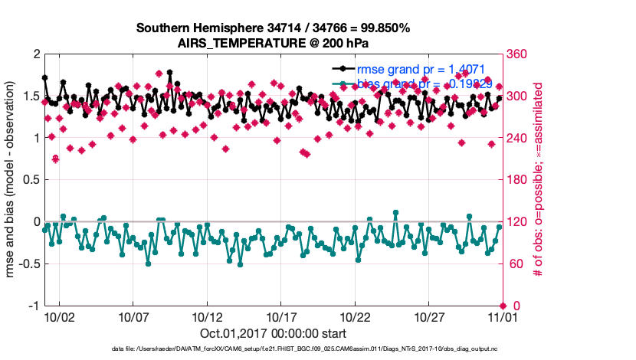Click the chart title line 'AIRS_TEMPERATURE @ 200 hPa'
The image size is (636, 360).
(x=274, y=42)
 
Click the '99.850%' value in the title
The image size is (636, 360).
(x=382, y=28)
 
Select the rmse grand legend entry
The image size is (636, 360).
(x=417, y=67)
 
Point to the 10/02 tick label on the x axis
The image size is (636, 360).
(x=59, y=316)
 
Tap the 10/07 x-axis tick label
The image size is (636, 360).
(x=133, y=316)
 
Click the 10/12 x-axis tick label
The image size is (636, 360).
(x=207, y=316)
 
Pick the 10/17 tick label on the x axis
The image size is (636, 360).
(x=281, y=316)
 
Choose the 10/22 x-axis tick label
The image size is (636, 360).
(x=355, y=316)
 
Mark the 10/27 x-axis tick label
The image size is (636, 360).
(x=429, y=316)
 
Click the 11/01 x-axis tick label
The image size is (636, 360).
(x=503, y=316)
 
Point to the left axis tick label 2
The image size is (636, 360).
(x=35, y=54)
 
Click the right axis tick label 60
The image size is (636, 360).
(x=516, y=264)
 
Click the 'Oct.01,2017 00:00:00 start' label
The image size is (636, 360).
(x=273, y=333)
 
